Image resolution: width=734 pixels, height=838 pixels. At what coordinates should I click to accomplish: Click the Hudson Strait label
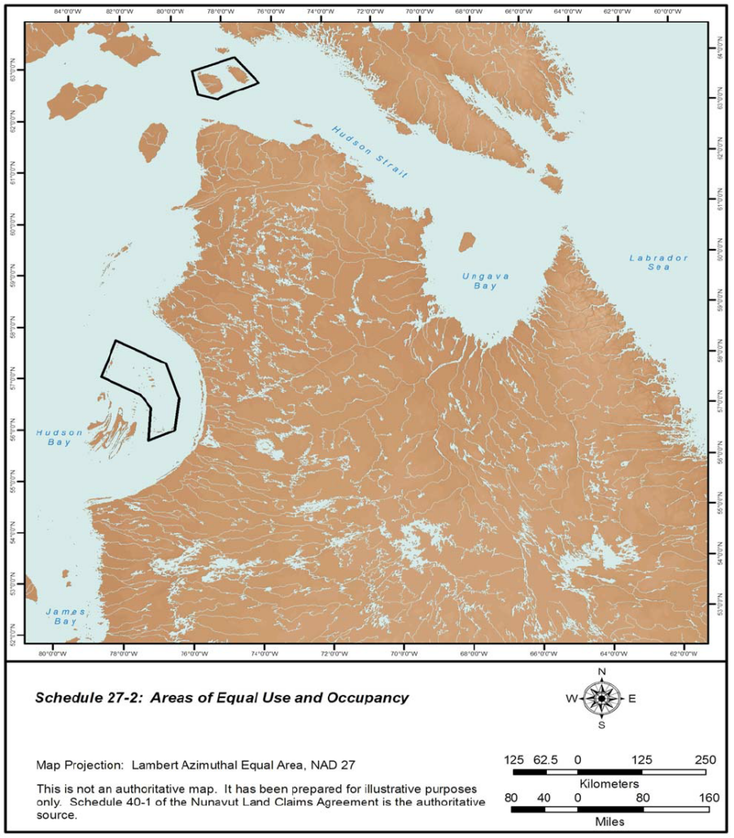(369, 152)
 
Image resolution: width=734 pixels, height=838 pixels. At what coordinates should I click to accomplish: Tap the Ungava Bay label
(485, 281)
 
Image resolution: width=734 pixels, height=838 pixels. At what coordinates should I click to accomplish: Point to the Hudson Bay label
(59, 438)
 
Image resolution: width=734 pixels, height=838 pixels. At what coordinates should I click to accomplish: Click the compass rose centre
(601, 698)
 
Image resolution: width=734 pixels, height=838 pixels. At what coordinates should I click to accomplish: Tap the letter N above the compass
(601, 672)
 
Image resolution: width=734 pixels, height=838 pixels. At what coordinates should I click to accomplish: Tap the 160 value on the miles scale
(705, 798)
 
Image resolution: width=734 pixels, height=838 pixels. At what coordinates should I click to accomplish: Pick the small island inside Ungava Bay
(466, 242)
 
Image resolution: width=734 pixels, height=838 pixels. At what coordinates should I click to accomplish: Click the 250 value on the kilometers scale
(705, 760)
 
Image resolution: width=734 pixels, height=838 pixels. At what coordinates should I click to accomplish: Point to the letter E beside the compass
(632, 698)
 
